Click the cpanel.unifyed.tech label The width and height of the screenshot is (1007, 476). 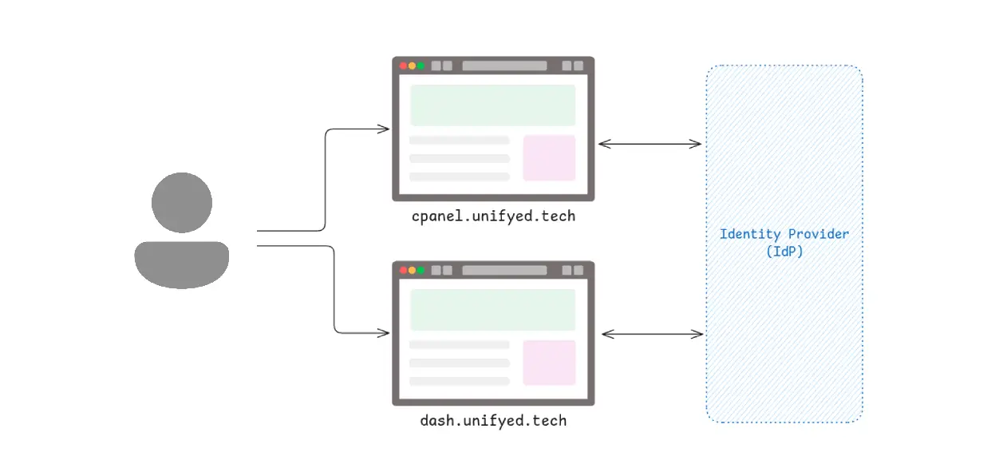pyautogui.click(x=493, y=216)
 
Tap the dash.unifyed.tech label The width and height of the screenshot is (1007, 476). pyautogui.click(x=493, y=420)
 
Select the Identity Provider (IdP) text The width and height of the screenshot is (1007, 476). pyautogui.click(x=784, y=242)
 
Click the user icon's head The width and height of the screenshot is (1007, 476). pyautogui.click(x=182, y=203)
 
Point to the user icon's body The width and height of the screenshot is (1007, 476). pyautogui.click(x=182, y=264)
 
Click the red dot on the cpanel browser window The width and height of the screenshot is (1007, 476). pyautogui.click(x=404, y=66)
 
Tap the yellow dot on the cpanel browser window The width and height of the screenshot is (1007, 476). pyautogui.click(x=413, y=66)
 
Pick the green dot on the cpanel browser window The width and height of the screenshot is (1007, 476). pyautogui.click(x=421, y=66)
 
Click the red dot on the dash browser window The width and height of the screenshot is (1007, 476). pyautogui.click(x=404, y=270)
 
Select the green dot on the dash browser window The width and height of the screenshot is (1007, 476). pyautogui.click(x=421, y=270)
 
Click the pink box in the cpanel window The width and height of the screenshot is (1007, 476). pyautogui.click(x=549, y=158)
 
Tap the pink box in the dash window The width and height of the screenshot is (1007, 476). pyautogui.click(x=549, y=363)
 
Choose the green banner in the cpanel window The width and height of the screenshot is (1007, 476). pyautogui.click(x=492, y=105)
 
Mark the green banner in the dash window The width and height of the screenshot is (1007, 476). pyautogui.click(x=492, y=310)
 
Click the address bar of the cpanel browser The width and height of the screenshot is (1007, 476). pyautogui.click(x=504, y=66)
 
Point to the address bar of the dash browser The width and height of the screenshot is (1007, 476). pyautogui.click(x=504, y=270)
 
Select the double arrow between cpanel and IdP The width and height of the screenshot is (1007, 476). pyautogui.click(x=650, y=145)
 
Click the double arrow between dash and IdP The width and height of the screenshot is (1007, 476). pyautogui.click(x=652, y=334)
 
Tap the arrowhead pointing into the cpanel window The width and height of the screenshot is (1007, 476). pyautogui.click(x=385, y=129)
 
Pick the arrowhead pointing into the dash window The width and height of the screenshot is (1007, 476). pyautogui.click(x=385, y=333)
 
